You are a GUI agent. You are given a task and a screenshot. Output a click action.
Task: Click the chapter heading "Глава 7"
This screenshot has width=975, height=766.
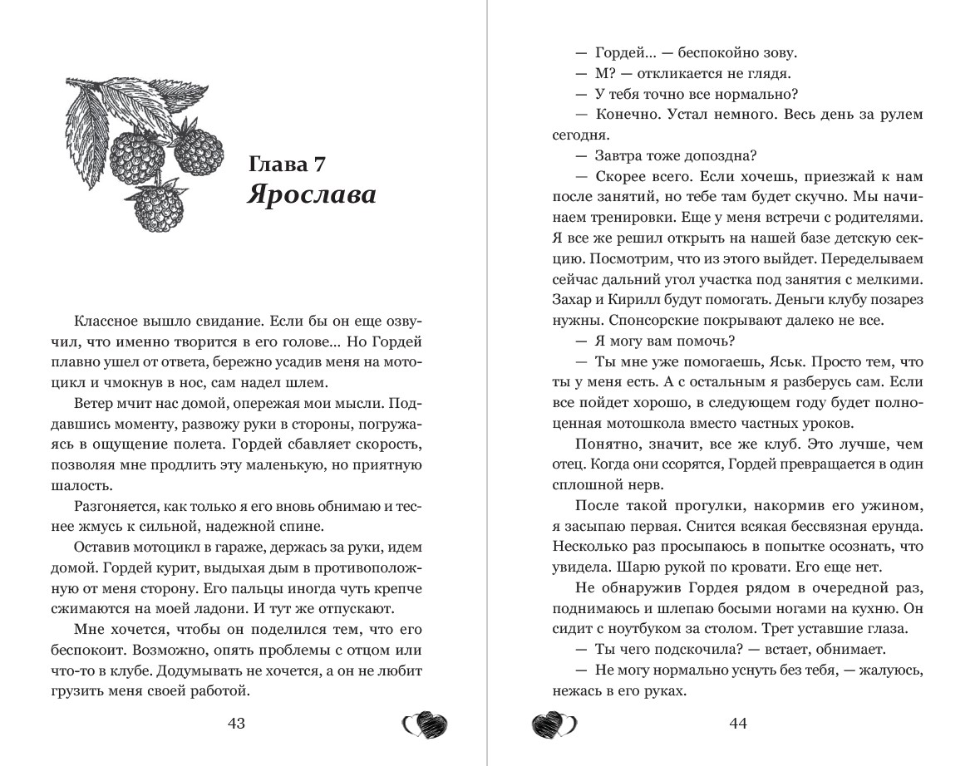pos(287,164)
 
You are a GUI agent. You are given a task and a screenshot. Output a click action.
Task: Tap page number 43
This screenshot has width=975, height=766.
pos(236,723)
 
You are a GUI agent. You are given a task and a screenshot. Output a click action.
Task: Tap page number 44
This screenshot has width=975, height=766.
pos(738,723)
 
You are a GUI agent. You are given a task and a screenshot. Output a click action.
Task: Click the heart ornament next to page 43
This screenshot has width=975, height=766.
pos(425,725)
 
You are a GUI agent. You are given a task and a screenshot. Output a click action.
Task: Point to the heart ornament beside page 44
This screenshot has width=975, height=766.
pos(554,725)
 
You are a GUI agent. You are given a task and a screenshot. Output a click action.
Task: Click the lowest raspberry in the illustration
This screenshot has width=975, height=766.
pos(157,208)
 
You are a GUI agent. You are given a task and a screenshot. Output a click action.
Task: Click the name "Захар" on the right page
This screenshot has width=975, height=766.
pos(570,299)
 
